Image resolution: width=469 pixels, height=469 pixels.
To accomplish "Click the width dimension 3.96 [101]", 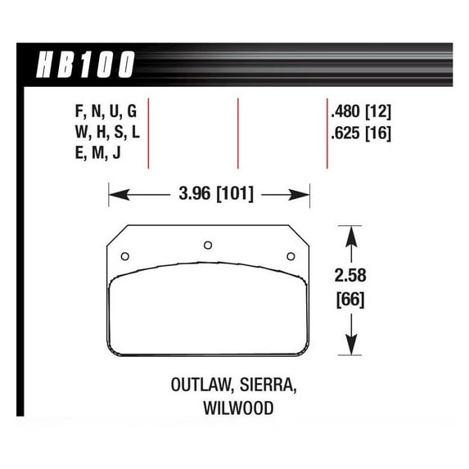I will click(210, 195).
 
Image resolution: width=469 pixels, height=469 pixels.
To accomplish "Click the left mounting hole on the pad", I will click(124, 256).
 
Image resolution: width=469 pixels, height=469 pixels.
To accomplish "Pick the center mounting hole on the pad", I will click(208, 244).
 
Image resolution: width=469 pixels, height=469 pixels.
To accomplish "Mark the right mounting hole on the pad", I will click(291, 256).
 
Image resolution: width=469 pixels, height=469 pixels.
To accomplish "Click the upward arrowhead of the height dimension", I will click(352, 233).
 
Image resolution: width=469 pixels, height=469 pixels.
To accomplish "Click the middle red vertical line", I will click(237, 133).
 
